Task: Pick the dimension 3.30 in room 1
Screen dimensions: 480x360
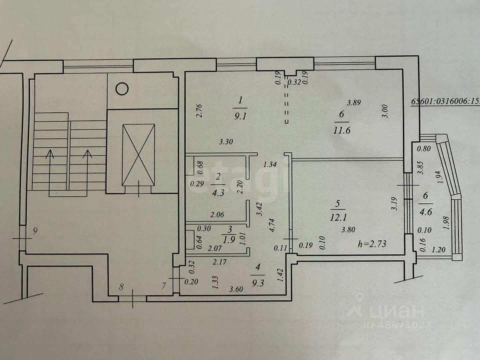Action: click(x=226, y=141)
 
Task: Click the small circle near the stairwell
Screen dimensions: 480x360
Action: click(x=122, y=88)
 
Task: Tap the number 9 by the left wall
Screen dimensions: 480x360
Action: click(x=36, y=230)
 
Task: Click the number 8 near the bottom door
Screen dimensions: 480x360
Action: click(x=122, y=286)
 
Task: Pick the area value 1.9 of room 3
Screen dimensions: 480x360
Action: click(x=229, y=240)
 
